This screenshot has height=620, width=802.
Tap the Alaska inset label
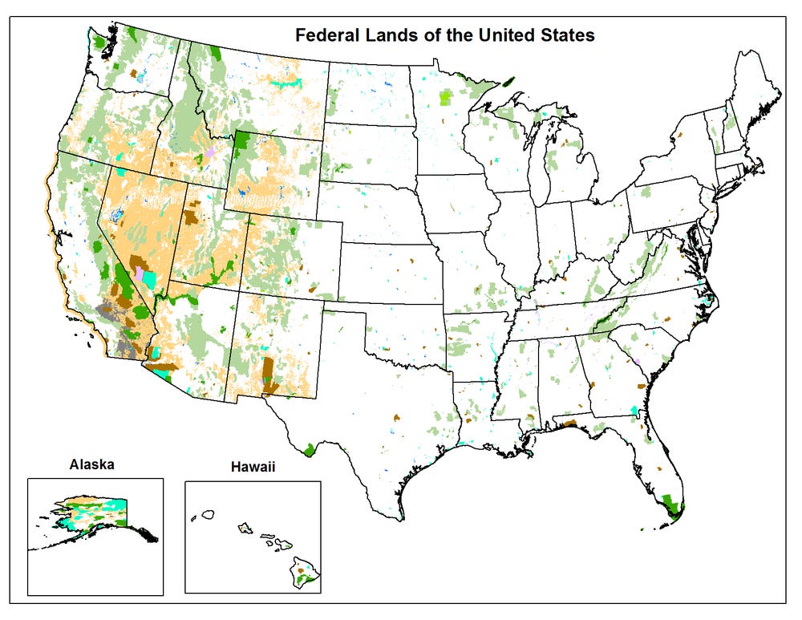click(x=91, y=464)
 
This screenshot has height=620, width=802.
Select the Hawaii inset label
click(x=253, y=465)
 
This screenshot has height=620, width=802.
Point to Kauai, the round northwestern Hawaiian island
click(x=209, y=513)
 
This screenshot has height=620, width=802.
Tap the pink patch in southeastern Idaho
click(x=210, y=152)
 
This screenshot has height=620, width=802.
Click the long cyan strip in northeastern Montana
click(x=282, y=83)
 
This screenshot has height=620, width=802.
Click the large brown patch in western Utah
click(x=192, y=216)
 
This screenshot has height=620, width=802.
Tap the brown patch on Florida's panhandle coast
click(x=568, y=423)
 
